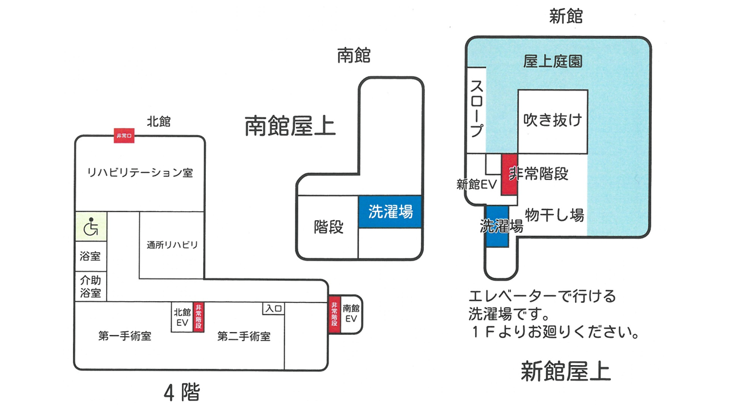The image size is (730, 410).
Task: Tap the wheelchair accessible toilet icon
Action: pyautogui.click(x=91, y=227)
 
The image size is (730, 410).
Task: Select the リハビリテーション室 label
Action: pyautogui.click(x=140, y=172)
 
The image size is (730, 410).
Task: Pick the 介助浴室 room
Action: pyautogui.click(x=91, y=287)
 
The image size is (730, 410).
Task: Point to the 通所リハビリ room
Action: pyautogui.click(x=172, y=245)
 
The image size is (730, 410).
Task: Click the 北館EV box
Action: pyautogui.click(x=182, y=317)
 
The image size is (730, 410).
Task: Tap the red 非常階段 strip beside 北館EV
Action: pyautogui.click(x=198, y=317)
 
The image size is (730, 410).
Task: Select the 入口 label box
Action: pyautogui.click(x=274, y=308)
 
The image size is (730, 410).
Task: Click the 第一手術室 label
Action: pyautogui.click(x=124, y=337)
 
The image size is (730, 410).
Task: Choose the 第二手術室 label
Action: pyautogui.click(x=244, y=337)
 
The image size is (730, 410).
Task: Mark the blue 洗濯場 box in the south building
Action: pyautogui.click(x=390, y=212)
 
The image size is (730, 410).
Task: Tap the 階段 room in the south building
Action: pyautogui.click(x=328, y=227)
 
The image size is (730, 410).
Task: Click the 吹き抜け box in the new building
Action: pyautogui.click(x=553, y=121)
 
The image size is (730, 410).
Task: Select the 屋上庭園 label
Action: pyautogui.click(x=553, y=61)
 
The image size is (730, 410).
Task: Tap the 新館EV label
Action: pyautogui.click(x=477, y=184)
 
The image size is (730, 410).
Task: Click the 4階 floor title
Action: pyautogui.click(x=182, y=392)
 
